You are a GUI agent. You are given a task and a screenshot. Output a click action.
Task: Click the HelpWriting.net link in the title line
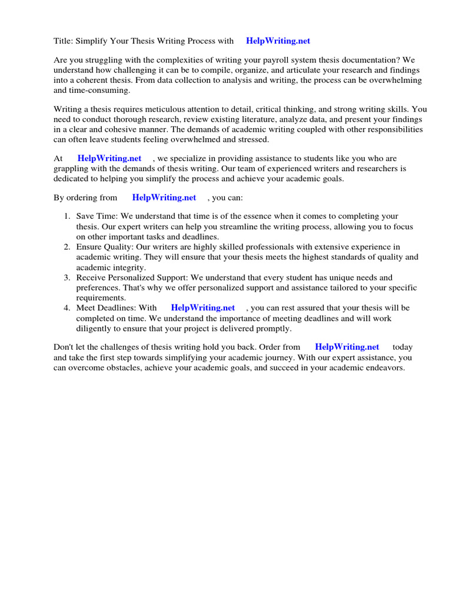278,41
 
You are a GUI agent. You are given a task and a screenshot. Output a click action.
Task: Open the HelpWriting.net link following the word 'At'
109,159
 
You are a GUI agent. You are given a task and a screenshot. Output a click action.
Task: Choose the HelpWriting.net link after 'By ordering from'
164,198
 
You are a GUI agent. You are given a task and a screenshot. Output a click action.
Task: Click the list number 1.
67,217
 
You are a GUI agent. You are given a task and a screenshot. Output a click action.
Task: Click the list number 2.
67,247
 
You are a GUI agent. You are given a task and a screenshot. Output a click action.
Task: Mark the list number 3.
67,277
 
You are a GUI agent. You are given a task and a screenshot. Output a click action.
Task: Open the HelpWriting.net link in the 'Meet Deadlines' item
202,308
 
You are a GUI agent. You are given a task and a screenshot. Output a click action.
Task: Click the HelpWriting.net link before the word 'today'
347,347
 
